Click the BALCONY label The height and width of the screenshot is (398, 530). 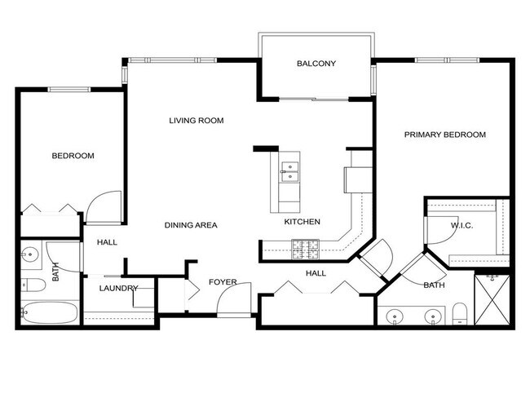tap(316, 64)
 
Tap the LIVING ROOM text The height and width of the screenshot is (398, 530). tap(196, 121)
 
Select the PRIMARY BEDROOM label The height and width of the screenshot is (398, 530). tap(445, 135)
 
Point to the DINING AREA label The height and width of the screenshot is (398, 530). tap(191, 225)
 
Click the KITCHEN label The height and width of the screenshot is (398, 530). tap(302, 222)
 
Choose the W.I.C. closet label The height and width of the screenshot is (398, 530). tap(463, 225)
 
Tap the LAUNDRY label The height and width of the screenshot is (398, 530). tap(119, 288)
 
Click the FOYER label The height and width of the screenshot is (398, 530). tap(223, 282)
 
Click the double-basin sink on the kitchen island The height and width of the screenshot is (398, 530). tap(289, 170)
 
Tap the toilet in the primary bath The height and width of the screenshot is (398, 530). tap(460, 312)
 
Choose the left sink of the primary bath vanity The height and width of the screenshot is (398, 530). tap(395, 315)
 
